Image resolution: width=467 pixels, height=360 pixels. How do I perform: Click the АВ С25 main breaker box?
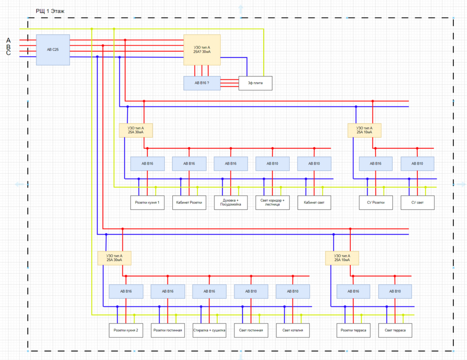coord(53,49)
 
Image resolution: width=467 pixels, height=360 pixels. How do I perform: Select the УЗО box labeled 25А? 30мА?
coord(202,49)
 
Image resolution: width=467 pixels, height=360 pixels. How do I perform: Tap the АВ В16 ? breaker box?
coord(202,83)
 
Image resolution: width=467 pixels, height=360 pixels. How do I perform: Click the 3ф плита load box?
coord(255,83)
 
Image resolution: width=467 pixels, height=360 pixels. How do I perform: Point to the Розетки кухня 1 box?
coord(147,203)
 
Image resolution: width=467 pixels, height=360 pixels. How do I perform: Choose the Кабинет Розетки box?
coord(189,203)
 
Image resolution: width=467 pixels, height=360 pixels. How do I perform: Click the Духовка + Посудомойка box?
coord(231,203)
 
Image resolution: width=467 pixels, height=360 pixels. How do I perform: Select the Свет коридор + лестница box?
coord(272,203)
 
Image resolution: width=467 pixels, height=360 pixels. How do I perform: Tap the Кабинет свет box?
coord(314,203)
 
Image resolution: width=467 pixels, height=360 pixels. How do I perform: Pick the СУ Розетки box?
coord(376,203)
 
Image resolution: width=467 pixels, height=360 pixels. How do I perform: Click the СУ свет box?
coord(417,203)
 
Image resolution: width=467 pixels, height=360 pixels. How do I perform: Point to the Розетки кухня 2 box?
coord(126,331)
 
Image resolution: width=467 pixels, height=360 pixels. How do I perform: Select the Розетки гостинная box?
coord(168,331)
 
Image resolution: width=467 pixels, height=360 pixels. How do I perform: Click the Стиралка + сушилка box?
coord(209,331)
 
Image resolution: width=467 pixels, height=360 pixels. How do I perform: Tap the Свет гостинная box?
coord(251,331)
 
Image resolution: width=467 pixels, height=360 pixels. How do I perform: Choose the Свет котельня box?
coord(293,331)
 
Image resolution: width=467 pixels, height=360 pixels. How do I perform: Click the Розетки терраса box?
coord(354,331)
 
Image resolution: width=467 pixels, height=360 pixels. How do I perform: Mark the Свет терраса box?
coord(395,331)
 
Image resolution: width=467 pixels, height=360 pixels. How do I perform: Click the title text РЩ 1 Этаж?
coord(53,11)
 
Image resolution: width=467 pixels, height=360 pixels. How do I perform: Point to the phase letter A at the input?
coord(8,41)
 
